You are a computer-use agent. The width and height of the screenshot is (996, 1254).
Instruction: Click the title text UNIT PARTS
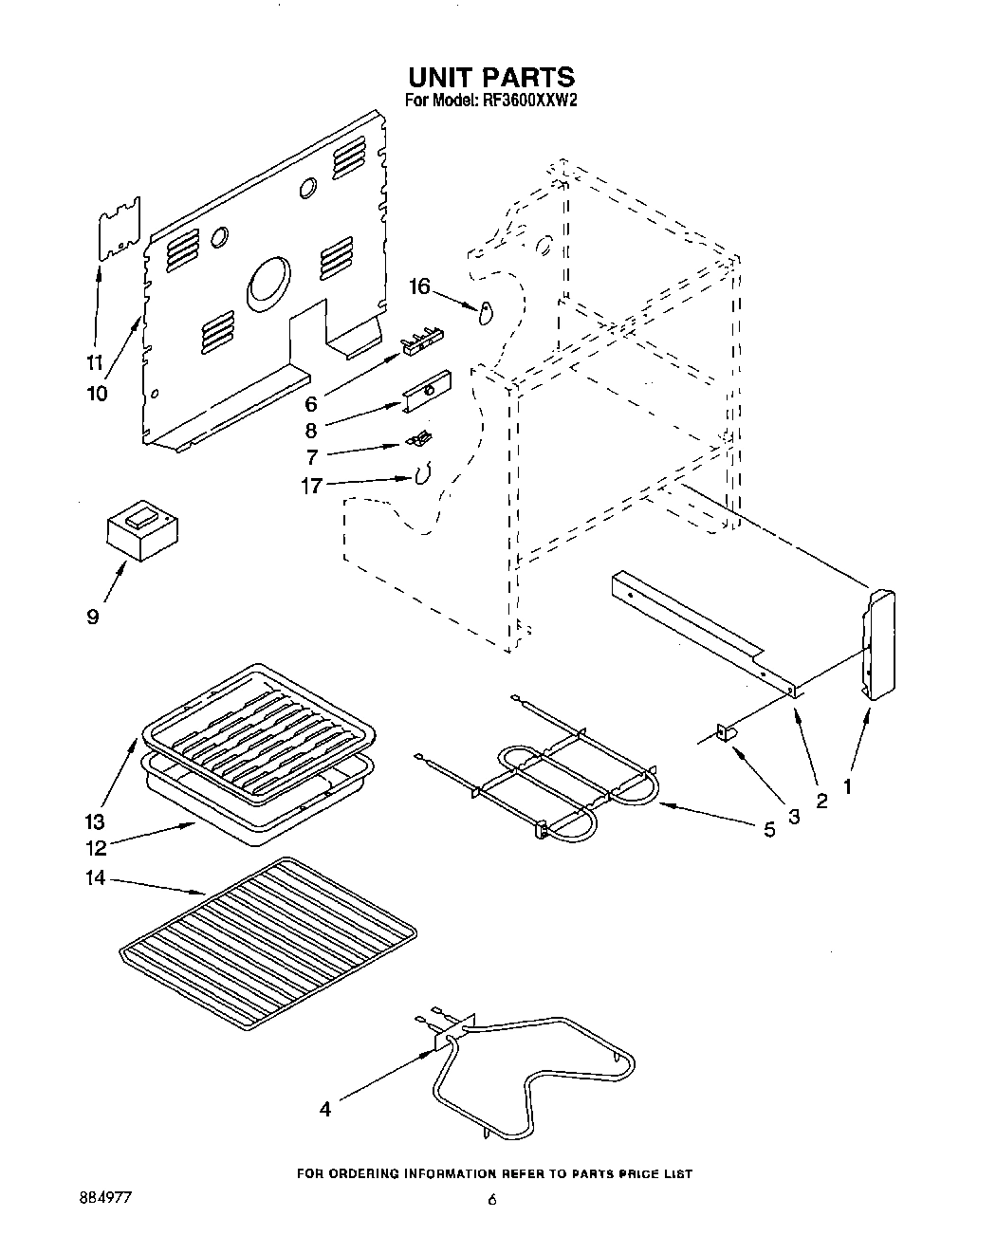491,76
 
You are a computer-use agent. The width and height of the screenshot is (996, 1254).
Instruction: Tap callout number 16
419,286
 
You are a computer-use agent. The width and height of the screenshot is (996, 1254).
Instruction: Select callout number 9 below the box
92,617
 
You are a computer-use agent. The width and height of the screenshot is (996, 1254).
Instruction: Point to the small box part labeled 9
141,530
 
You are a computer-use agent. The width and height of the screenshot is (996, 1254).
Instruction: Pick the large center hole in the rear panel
269,282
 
